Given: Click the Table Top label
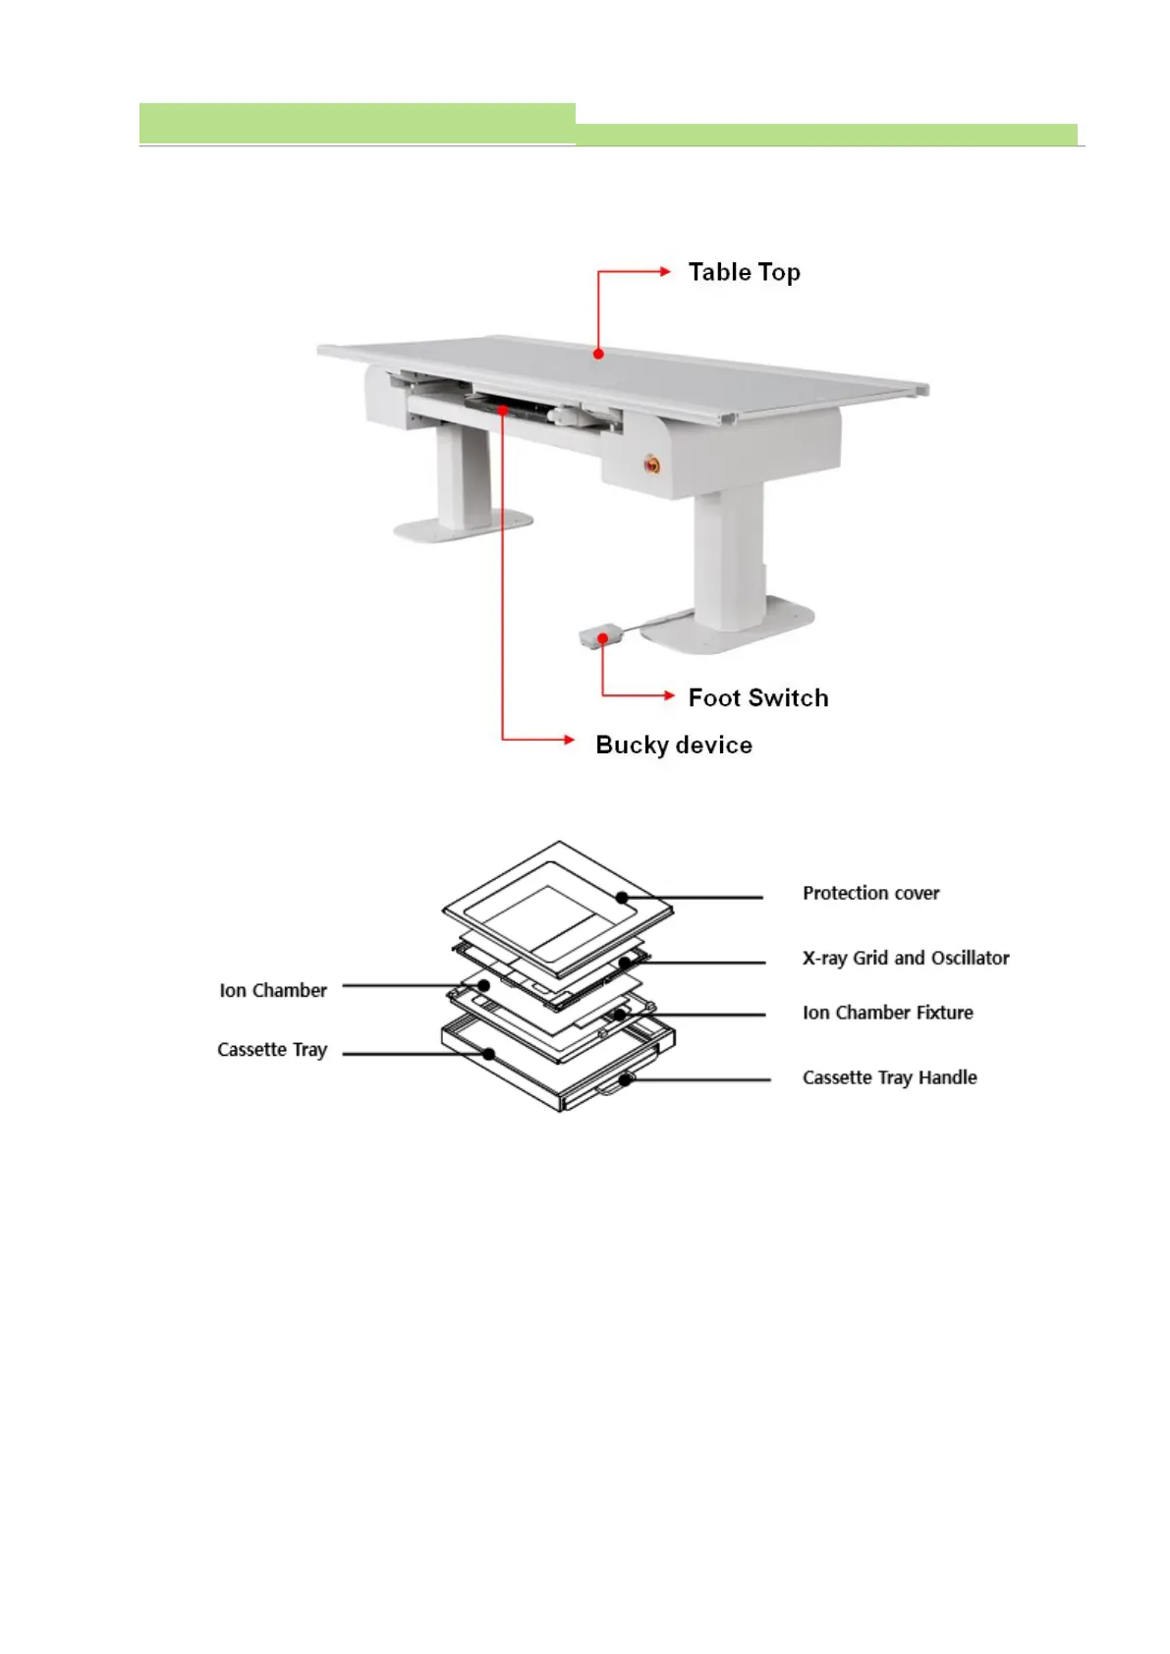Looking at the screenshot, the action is click(744, 272).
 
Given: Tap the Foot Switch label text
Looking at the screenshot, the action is click(757, 697).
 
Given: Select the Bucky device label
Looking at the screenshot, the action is click(674, 744).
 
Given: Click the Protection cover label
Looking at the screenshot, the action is click(870, 893).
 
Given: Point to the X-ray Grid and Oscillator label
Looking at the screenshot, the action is click(906, 958).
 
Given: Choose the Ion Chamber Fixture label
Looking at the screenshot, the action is click(887, 1013).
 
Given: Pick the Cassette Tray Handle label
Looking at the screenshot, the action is click(889, 1077).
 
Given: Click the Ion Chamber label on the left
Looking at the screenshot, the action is click(273, 990).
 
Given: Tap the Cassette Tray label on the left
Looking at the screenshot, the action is click(272, 1050).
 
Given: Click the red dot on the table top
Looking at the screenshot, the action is click(598, 354).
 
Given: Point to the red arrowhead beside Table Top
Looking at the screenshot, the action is click(666, 271).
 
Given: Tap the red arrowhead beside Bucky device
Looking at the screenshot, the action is click(569, 739).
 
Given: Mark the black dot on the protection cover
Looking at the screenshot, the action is click(623, 896).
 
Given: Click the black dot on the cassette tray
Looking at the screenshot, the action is click(488, 1054).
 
